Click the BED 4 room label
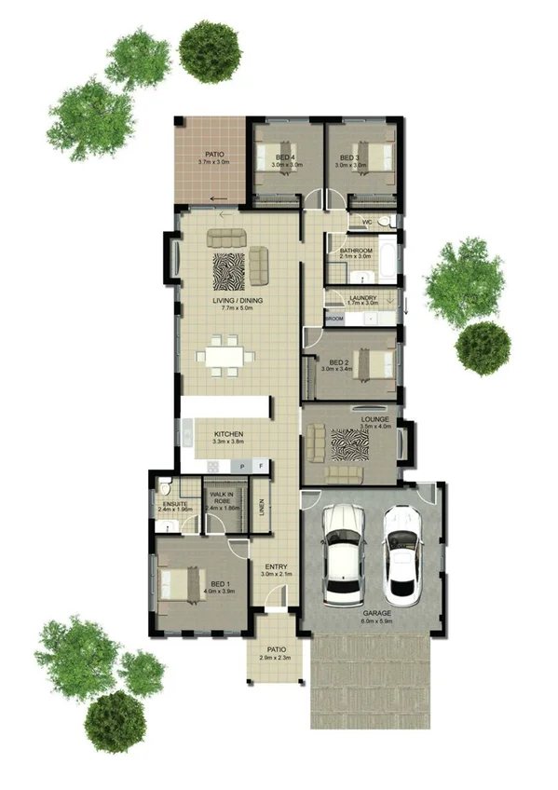[x=283, y=158]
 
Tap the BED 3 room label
[x=350, y=158]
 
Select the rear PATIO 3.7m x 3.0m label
[x=212, y=156]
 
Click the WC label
[x=367, y=223]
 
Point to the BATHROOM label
[x=356, y=252]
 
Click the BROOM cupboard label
[x=334, y=319]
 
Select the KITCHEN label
[x=228, y=435]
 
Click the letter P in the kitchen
[x=242, y=465]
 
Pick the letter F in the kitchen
[x=261, y=465]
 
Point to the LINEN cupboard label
[x=262, y=508]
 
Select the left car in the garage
[x=342, y=554]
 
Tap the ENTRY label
[x=276, y=567]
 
